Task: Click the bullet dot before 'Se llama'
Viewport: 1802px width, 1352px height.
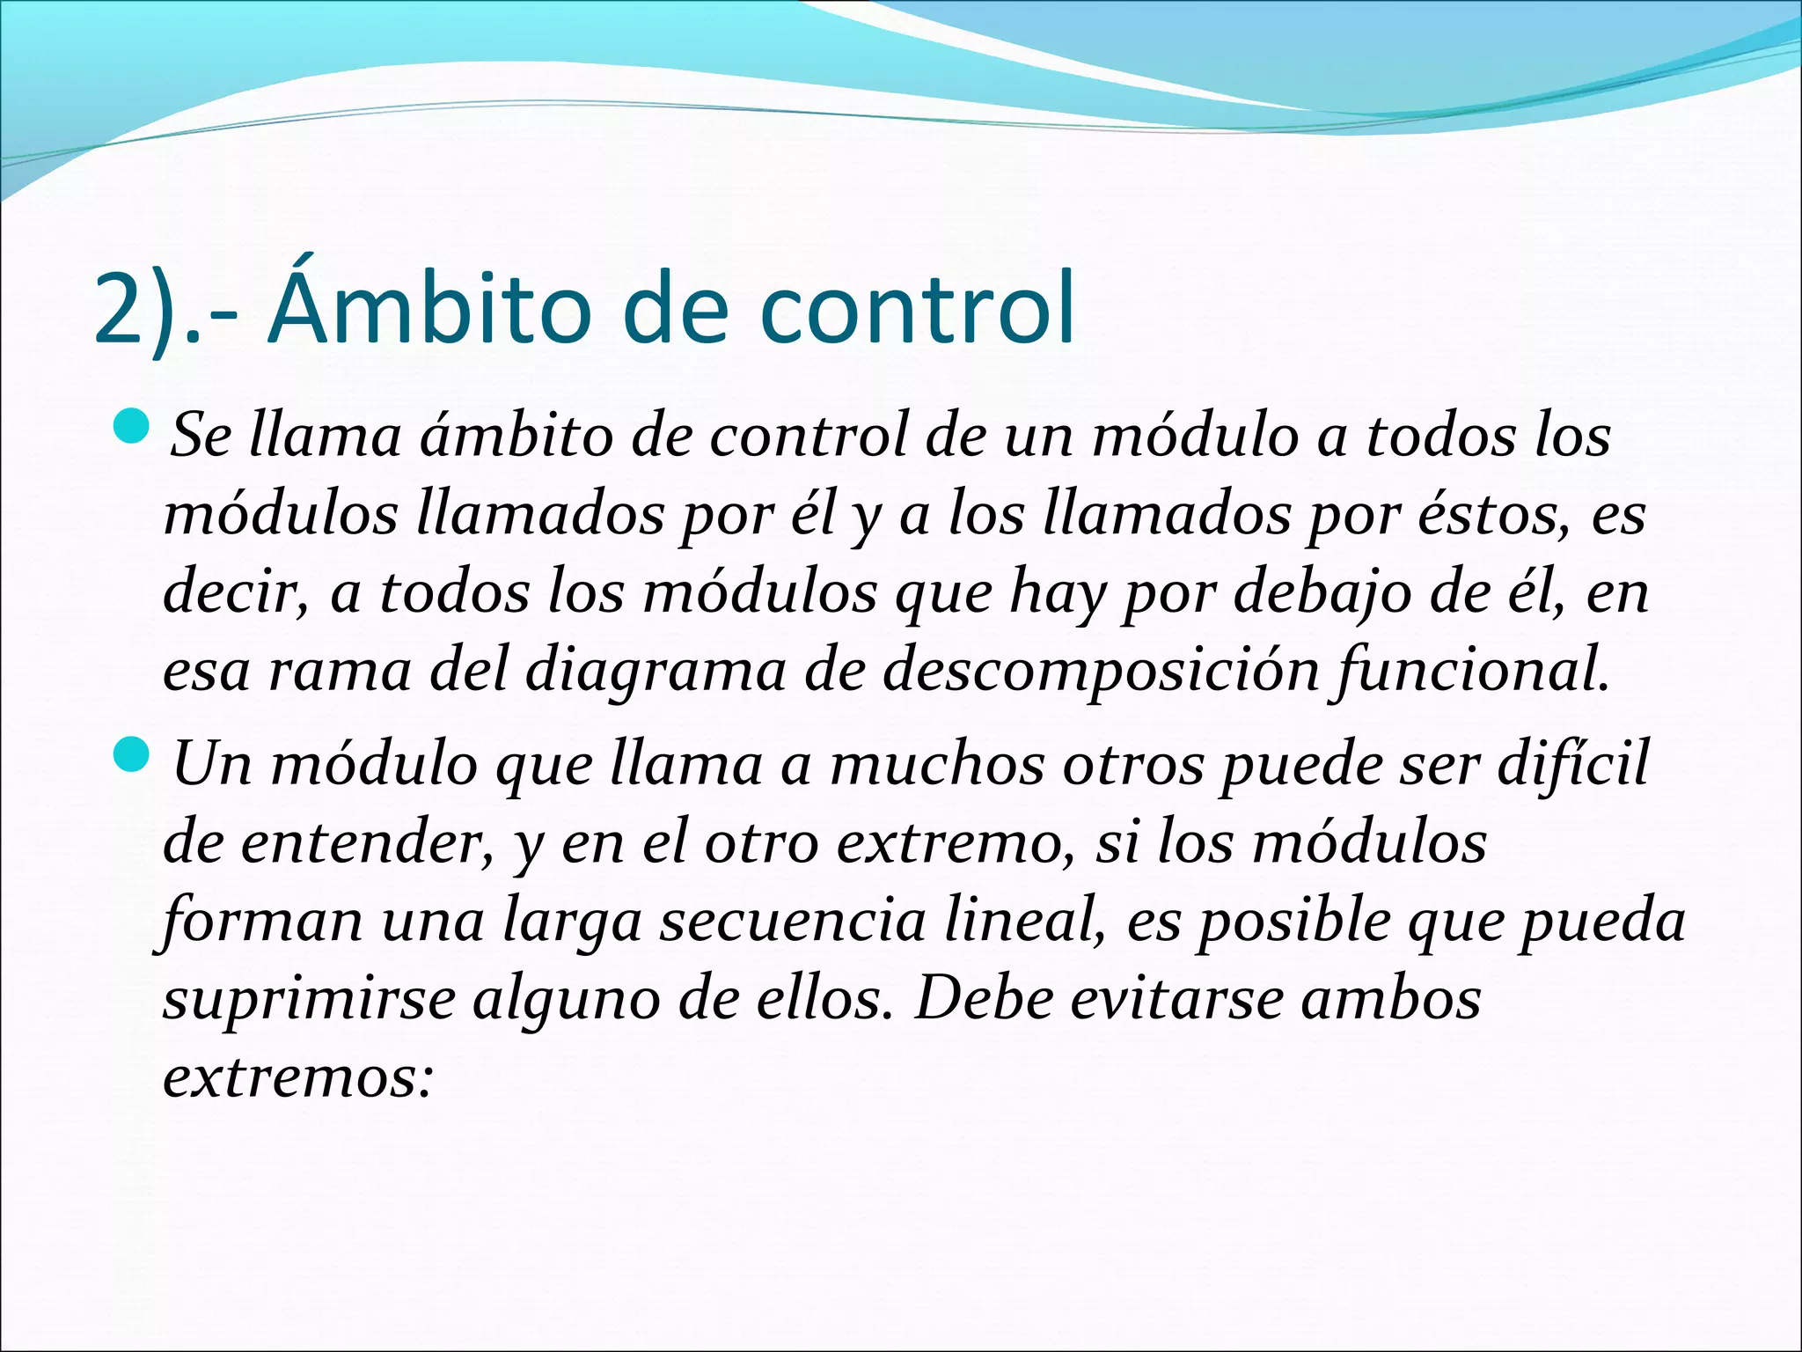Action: click(135, 430)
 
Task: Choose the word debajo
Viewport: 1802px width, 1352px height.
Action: click(1321, 592)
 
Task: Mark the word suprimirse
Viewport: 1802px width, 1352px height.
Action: click(309, 999)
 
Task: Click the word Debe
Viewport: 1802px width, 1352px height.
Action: click(984, 999)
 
